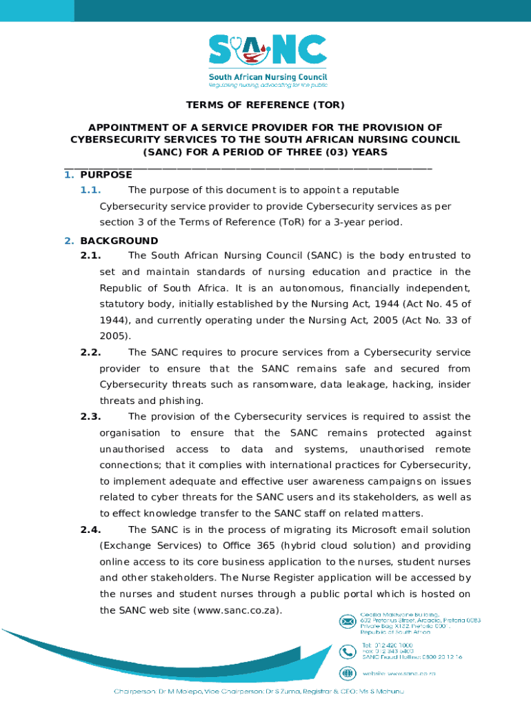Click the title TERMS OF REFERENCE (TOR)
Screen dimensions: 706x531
(265, 105)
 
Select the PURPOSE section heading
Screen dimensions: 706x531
(106, 175)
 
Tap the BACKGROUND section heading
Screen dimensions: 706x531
(119, 241)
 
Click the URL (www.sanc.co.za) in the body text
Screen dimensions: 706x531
(239, 610)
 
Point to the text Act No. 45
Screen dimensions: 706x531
(430, 304)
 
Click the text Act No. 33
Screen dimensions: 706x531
(430, 320)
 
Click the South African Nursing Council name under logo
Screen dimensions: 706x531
(268, 77)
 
